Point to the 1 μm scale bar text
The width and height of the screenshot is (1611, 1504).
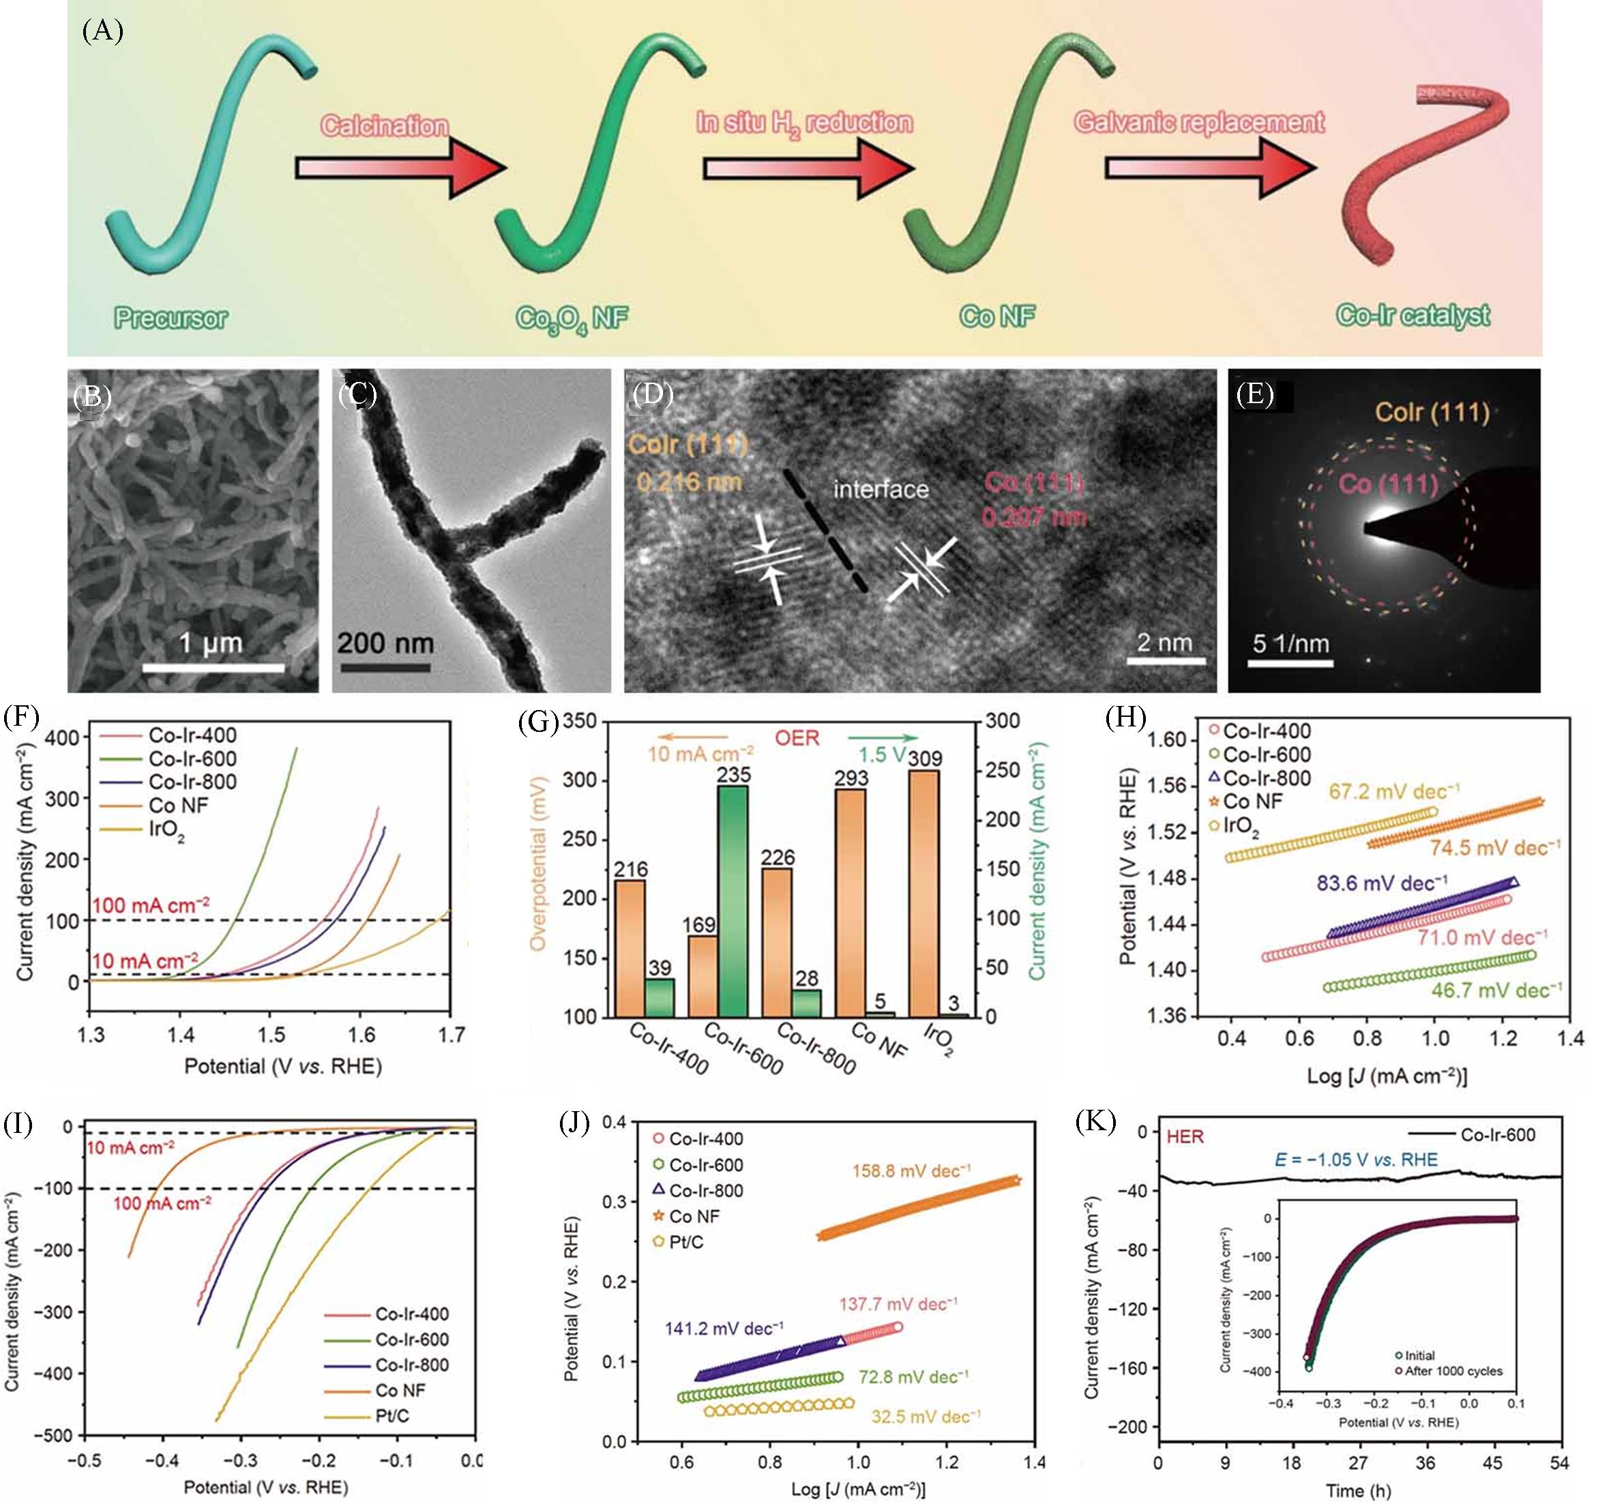click(x=211, y=643)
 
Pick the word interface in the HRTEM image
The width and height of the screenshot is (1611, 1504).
click(x=881, y=490)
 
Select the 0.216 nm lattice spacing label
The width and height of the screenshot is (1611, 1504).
click(x=689, y=482)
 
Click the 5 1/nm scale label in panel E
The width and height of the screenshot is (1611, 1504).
click(x=1291, y=643)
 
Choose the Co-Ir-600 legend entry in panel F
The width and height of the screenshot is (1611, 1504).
click(x=193, y=758)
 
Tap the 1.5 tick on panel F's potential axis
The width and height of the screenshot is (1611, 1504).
click(x=271, y=1034)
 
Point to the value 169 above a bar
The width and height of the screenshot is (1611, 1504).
click(x=698, y=925)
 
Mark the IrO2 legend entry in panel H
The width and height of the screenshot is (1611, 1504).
click(x=1241, y=827)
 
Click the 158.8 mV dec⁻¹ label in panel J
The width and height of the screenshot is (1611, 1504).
click(x=910, y=1171)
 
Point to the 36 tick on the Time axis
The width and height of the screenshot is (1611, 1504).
click(x=1425, y=1462)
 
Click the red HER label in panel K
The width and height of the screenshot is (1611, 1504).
click(x=1185, y=1137)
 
